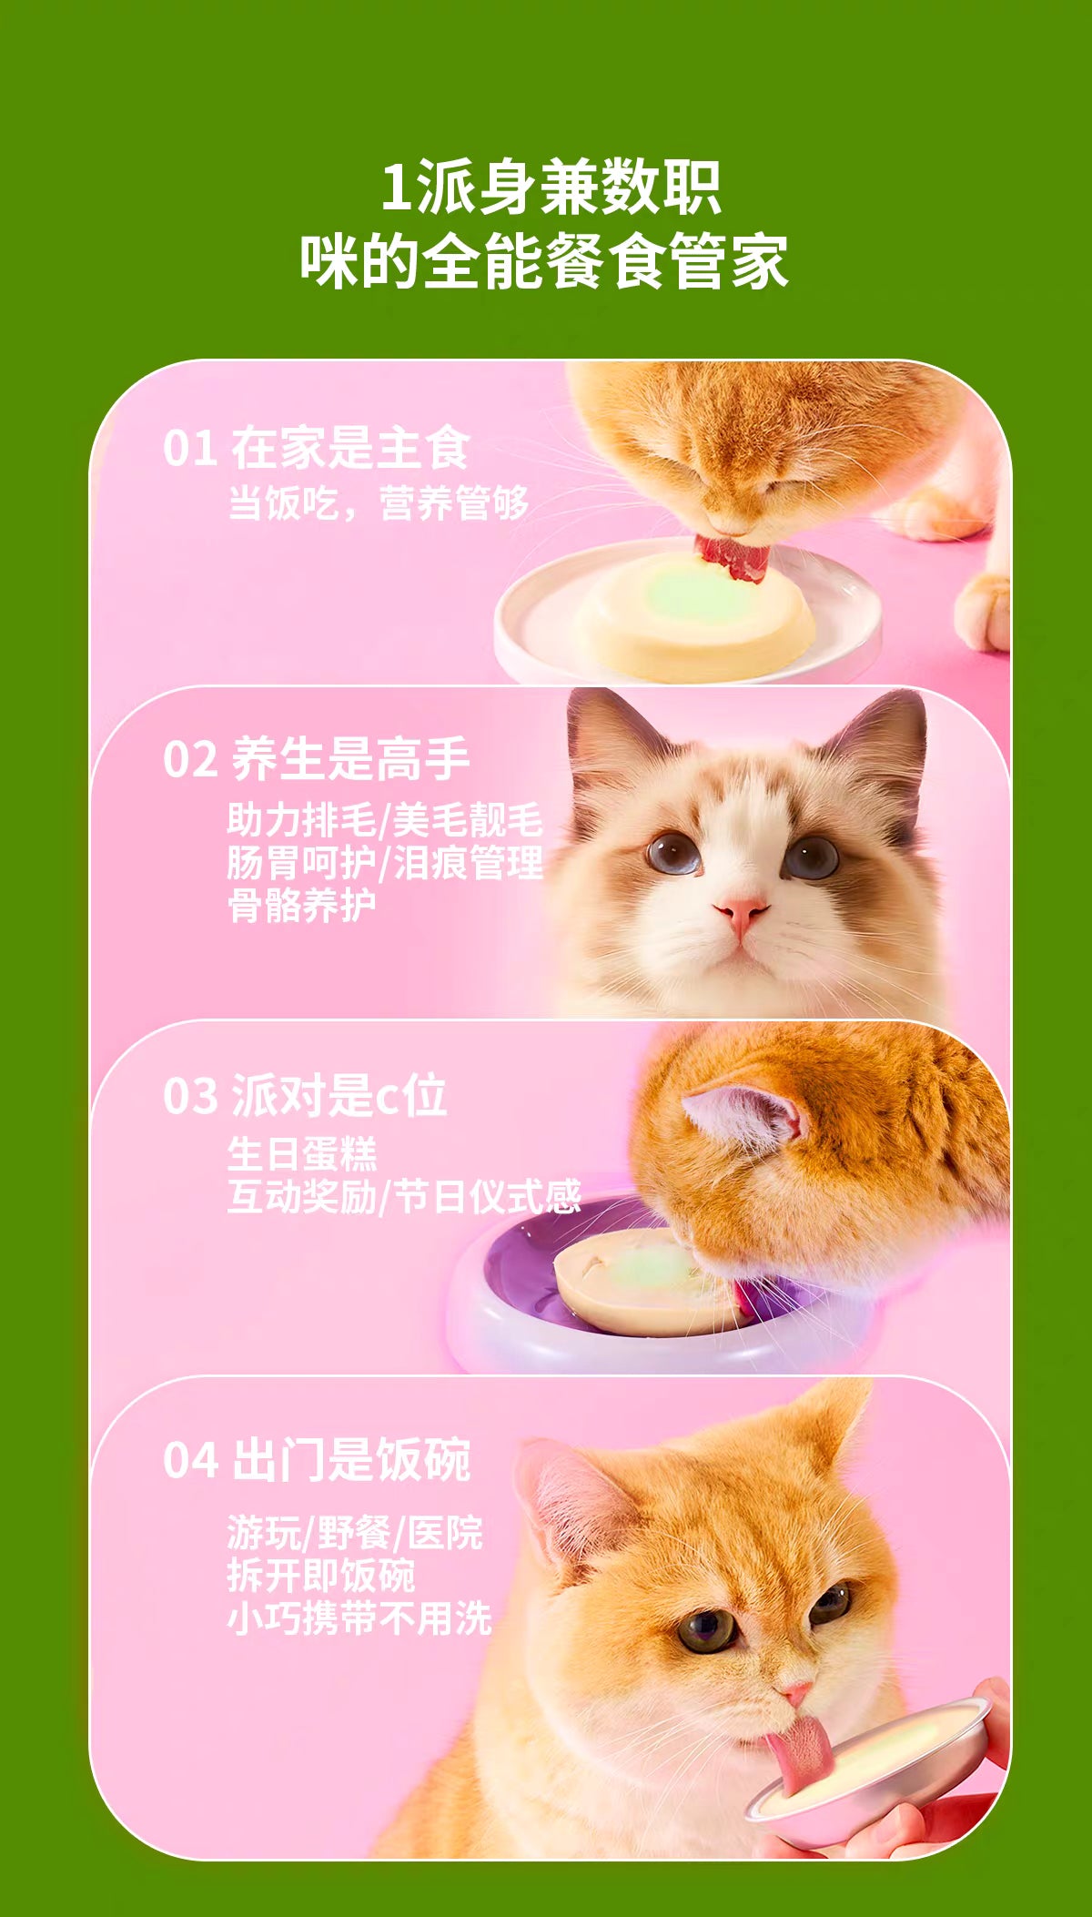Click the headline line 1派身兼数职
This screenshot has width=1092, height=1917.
(550, 188)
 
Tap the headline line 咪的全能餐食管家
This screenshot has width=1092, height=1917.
(544, 261)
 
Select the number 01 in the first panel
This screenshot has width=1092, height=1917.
(190, 449)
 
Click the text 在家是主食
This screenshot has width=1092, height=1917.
(350, 448)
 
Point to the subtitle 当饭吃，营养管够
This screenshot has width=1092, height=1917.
(378, 503)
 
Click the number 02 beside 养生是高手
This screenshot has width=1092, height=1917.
(190, 760)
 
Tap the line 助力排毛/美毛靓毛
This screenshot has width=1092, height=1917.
(385, 820)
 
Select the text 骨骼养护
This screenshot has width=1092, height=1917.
(301, 906)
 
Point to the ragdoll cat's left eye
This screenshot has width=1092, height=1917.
(672, 854)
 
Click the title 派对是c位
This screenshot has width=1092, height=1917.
(339, 1095)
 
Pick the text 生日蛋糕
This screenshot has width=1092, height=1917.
(302, 1154)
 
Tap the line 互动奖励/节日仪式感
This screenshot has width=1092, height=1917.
(404, 1196)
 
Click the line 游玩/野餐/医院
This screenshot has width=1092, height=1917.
(355, 1533)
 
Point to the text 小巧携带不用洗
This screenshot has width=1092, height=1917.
(359, 1618)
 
